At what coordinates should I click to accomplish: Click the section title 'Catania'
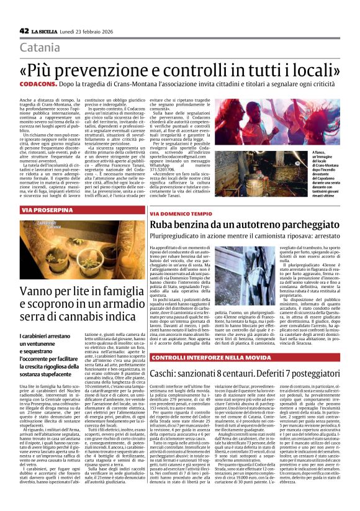click(43, 48)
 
